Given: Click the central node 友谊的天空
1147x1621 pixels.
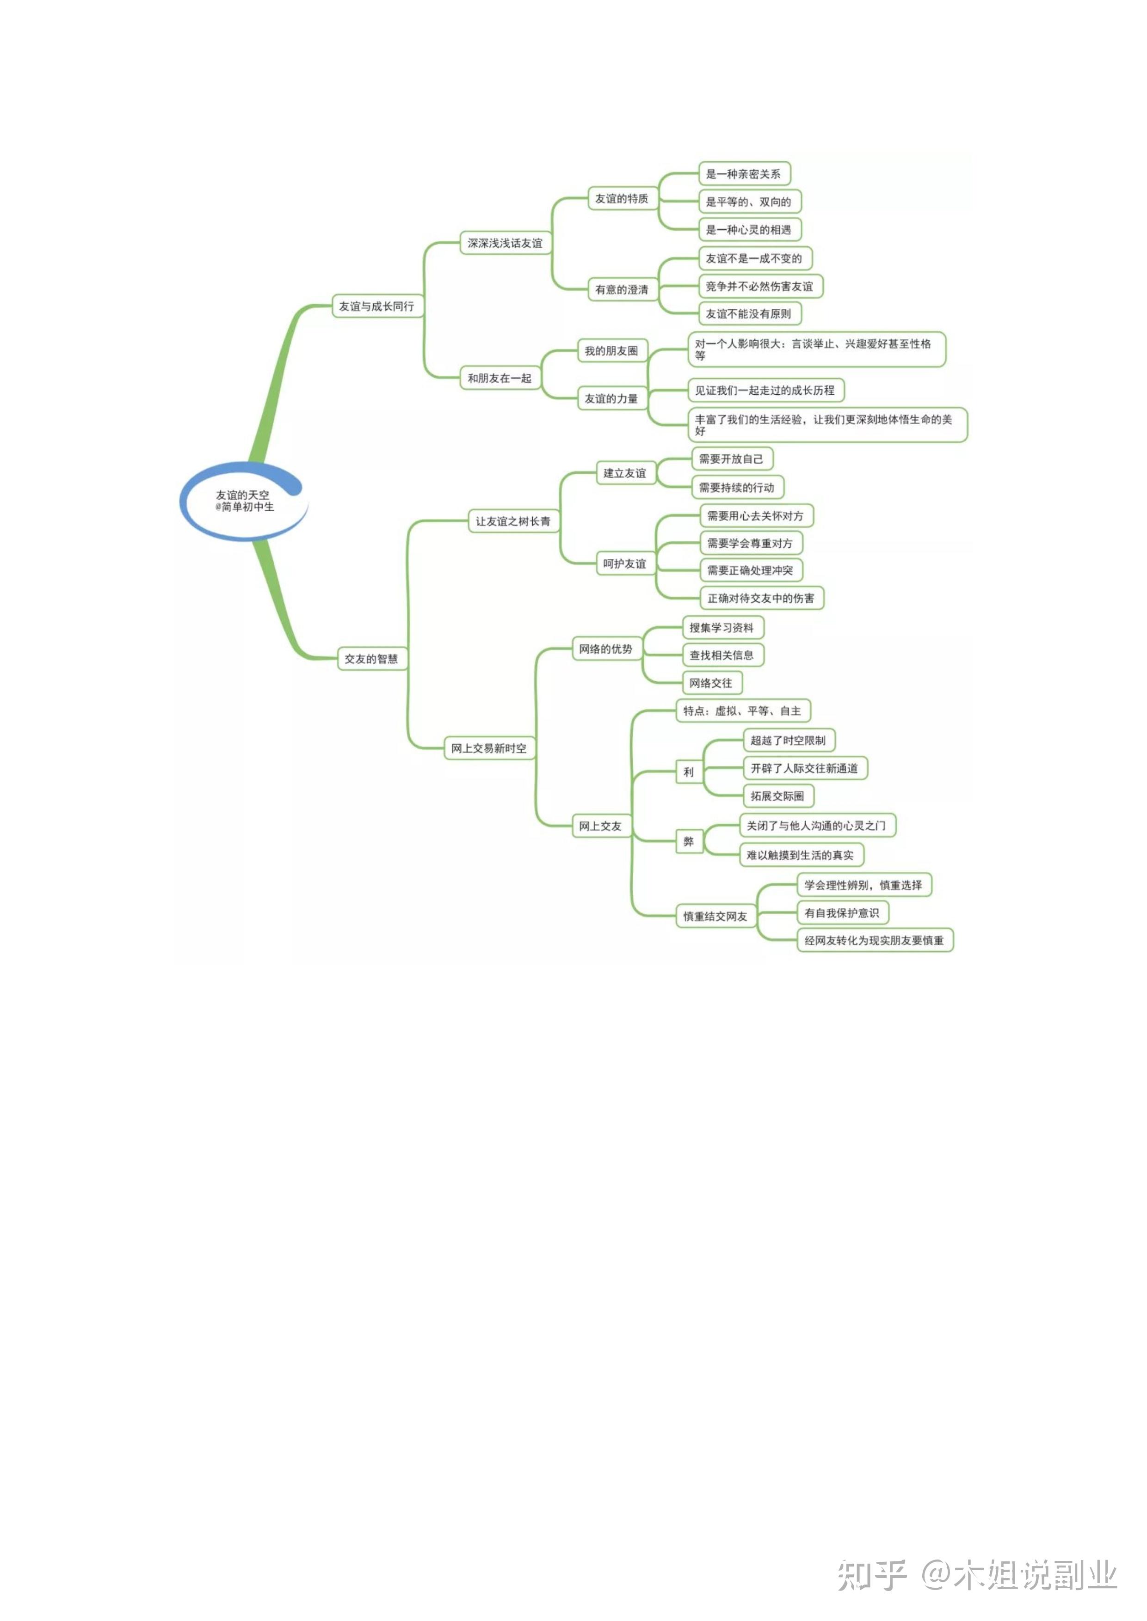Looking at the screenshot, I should point(244,501).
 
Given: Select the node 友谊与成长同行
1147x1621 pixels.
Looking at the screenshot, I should point(376,306).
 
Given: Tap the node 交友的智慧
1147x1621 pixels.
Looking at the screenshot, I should point(371,659).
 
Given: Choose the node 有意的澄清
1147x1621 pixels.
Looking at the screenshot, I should point(622,289).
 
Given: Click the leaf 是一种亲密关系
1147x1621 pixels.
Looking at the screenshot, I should point(744,174).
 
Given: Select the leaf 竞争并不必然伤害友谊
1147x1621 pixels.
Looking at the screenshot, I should point(760,287).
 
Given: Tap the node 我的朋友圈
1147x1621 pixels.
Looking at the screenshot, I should point(611,351).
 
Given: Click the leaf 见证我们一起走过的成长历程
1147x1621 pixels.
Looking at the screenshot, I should point(765,391).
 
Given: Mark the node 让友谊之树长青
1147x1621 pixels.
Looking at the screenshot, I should point(513,521).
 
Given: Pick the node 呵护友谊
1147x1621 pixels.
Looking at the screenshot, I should point(624,563).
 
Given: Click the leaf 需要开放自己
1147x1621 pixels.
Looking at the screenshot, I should point(731,459).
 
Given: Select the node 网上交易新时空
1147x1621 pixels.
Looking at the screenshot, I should point(489,748).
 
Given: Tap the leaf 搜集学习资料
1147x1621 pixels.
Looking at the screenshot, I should point(722,628).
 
